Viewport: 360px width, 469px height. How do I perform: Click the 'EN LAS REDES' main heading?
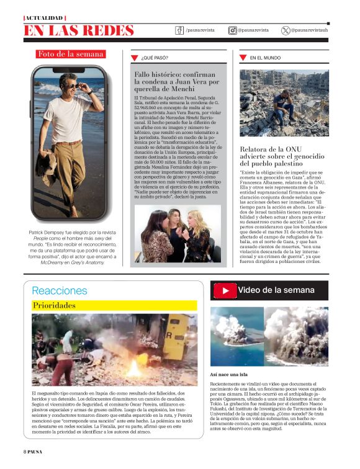click(x=79, y=30)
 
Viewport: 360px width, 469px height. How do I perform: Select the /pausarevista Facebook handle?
click(x=196, y=30)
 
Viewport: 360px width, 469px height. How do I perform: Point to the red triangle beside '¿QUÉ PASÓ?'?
click(x=134, y=58)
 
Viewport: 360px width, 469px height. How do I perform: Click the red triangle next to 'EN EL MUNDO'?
click(x=243, y=58)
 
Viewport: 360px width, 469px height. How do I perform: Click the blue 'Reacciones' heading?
click(x=60, y=290)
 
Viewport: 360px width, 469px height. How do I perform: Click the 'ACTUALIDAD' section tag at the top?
click(x=44, y=17)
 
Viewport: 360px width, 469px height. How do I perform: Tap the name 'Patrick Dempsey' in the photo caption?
click(x=50, y=232)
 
